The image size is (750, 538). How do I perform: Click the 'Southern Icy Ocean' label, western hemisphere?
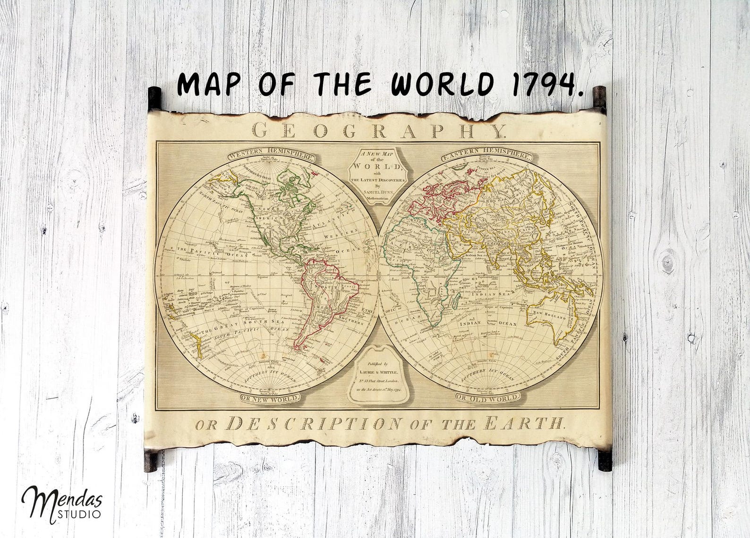point(270,374)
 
